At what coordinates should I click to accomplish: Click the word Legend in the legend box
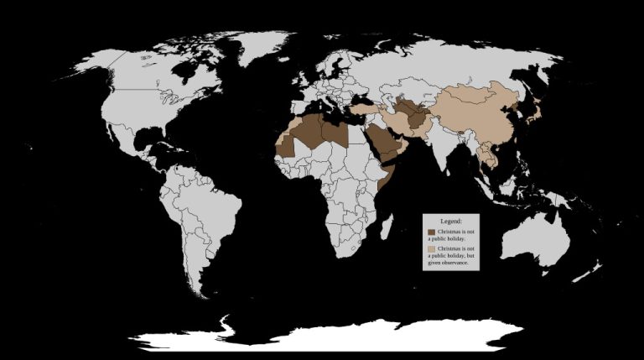pyautogui.click(x=451, y=221)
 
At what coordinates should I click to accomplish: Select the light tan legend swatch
pyautogui.click(x=431, y=250)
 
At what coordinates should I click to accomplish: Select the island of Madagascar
pyautogui.click(x=386, y=228)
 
